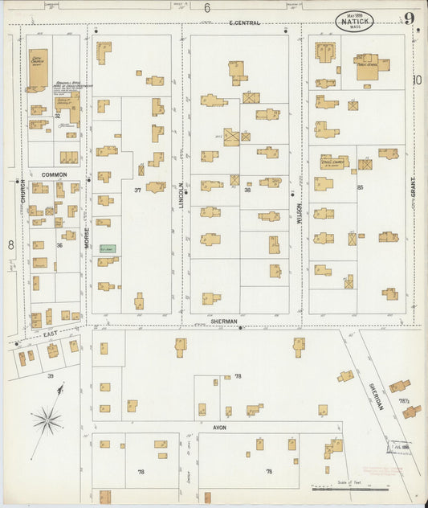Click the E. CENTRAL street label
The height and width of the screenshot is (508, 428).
(x=244, y=23)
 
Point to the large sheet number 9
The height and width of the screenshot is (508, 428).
(x=410, y=18)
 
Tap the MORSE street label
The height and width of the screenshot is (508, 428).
(x=86, y=232)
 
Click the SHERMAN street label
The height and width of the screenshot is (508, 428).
(x=225, y=321)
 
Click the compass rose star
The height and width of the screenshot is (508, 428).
(x=47, y=419)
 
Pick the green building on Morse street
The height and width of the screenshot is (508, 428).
(x=107, y=249)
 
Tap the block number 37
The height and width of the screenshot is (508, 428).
(x=137, y=190)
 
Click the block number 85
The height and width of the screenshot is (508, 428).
(x=361, y=187)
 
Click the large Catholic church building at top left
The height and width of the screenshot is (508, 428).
(x=38, y=70)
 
